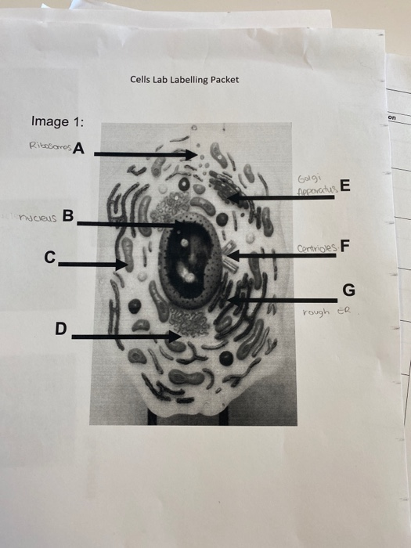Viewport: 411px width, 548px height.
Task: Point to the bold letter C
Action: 50,256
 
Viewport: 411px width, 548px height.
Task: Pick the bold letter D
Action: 60,329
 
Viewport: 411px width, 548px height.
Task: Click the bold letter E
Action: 346,186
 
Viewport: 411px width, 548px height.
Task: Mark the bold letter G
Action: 348,291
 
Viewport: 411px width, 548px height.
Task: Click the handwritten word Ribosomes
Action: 49,146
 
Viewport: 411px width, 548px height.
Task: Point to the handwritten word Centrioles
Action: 316,250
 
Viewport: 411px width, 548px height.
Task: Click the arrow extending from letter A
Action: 145,154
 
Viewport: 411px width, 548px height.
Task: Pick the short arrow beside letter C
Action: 92,265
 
